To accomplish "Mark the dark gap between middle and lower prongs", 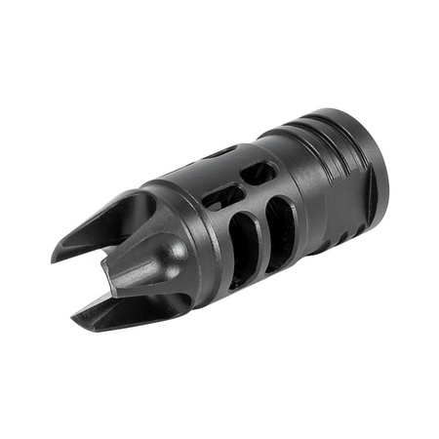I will click(x=112, y=302).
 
